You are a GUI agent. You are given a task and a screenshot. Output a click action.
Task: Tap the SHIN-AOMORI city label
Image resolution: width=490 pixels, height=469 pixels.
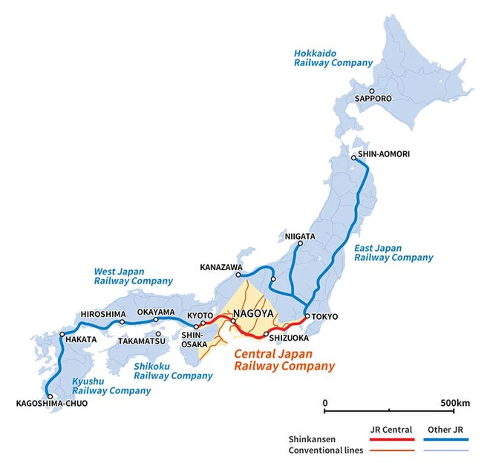383,154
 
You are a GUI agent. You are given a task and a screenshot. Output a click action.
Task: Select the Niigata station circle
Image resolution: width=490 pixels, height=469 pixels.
300,243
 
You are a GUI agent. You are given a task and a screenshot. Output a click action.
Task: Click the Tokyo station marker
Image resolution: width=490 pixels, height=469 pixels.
307,317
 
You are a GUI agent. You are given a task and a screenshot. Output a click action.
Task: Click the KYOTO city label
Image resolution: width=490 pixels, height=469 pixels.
200,315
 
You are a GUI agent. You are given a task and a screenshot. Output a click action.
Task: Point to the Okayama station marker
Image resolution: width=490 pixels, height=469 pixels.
156,321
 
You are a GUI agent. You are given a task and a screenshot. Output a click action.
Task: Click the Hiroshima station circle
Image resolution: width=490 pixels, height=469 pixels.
122,322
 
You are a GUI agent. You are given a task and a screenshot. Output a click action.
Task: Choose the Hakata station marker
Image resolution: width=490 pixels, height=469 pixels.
63,335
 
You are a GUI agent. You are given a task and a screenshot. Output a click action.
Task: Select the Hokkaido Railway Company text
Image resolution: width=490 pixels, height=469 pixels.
332,58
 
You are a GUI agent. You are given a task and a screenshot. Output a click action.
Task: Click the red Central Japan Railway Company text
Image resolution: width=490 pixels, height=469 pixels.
284,360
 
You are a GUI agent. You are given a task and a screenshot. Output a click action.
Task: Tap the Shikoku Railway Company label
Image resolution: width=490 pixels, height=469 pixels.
173,371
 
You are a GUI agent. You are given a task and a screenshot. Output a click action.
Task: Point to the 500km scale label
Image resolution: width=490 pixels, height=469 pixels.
454,402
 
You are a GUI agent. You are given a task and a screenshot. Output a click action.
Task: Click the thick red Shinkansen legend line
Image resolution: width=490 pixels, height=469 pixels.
391,439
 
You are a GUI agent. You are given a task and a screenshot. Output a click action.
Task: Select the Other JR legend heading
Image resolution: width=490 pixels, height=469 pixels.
448,428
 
